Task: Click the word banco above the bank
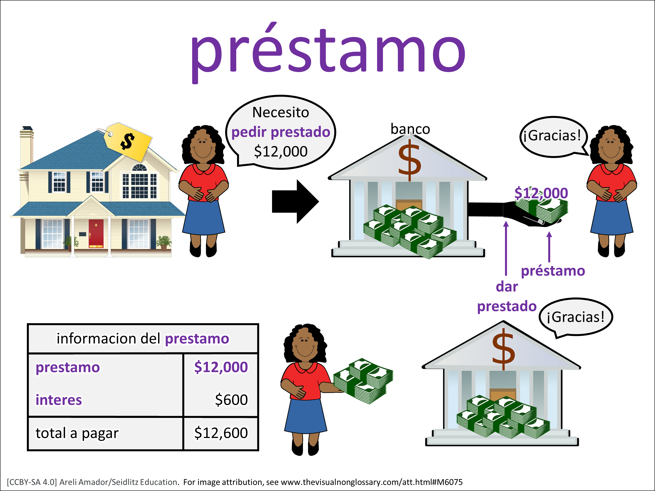click(x=410, y=129)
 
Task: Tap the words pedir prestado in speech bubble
click(x=280, y=132)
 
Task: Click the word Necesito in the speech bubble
click(x=280, y=112)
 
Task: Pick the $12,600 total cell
click(x=221, y=433)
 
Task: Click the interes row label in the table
click(x=59, y=400)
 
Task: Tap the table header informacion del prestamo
click(x=143, y=339)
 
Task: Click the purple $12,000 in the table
click(x=221, y=367)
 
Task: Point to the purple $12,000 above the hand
click(x=541, y=193)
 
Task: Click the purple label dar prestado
click(x=507, y=297)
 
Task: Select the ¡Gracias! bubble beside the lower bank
click(x=575, y=317)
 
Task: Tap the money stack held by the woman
click(x=363, y=381)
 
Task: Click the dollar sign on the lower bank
click(x=503, y=349)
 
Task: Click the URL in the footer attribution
click(x=371, y=482)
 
